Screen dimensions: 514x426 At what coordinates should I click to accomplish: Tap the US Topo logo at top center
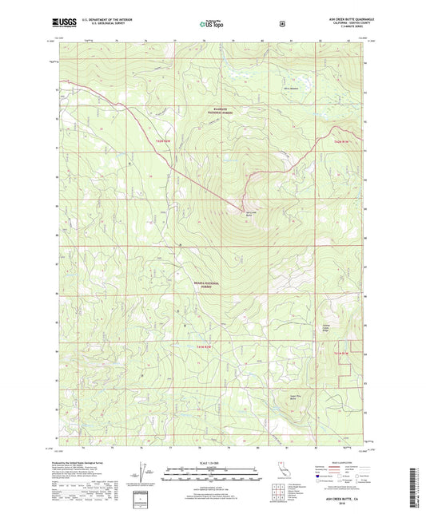[x=210, y=25]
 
